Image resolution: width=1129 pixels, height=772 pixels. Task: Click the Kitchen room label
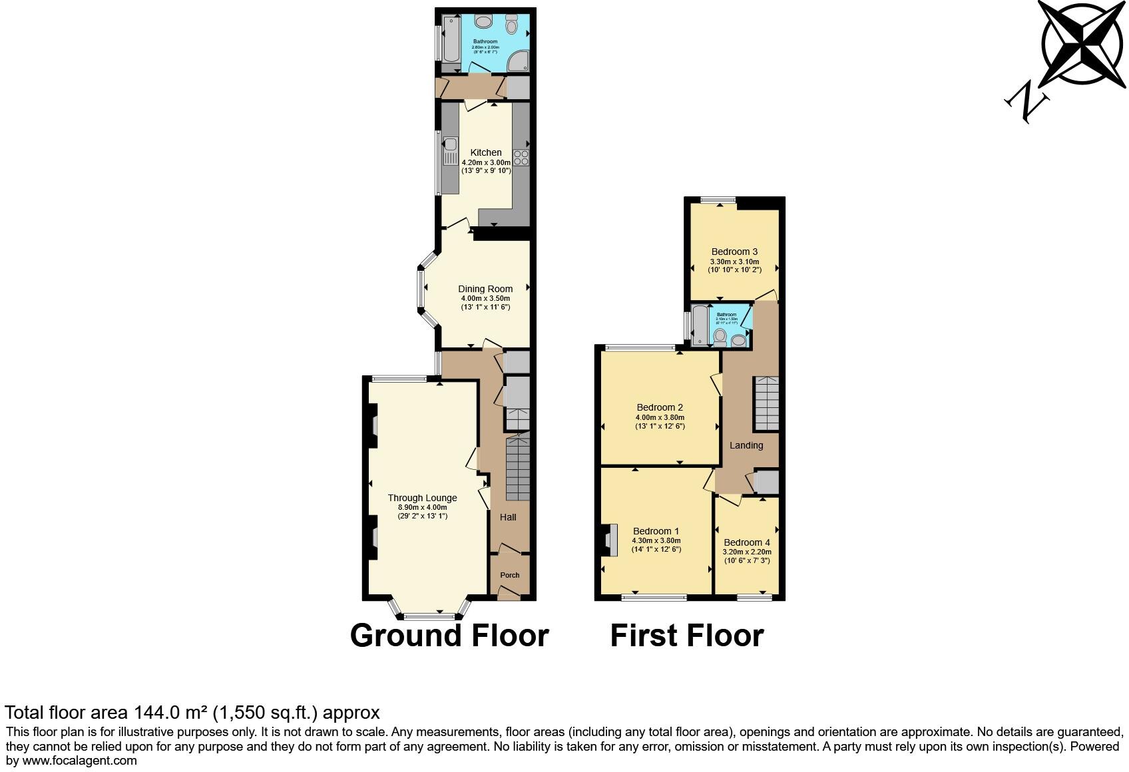tap(486, 152)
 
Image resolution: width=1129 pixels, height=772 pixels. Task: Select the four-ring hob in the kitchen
tap(521, 158)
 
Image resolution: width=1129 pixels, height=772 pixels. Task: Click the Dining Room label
tap(485, 289)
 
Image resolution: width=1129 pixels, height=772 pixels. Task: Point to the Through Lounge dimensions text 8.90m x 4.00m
tap(422, 507)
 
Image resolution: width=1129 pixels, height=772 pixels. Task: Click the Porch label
tap(510, 575)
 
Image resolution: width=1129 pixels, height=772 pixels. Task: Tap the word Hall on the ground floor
tap(508, 517)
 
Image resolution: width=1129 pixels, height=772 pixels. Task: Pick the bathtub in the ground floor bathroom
tap(450, 40)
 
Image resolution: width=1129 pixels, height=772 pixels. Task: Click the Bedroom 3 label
tap(734, 252)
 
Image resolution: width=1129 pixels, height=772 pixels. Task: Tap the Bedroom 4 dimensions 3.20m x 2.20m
tap(747, 552)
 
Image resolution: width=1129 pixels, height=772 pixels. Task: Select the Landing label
tap(746, 445)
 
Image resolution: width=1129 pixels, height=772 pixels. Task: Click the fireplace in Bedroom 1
tap(609, 540)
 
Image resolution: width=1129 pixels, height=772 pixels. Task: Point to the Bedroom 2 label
tap(660, 407)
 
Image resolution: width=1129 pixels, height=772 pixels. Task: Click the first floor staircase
tap(766, 403)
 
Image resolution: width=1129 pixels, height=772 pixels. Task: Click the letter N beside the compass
tap(1026, 103)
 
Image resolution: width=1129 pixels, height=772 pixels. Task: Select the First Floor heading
tap(686, 636)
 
